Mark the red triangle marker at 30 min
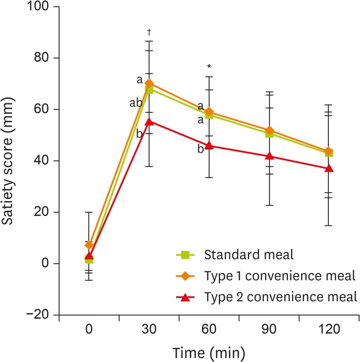[x=149, y=121]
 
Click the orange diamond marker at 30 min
[x=149, y=83]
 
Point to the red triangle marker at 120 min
[x=329, y=168]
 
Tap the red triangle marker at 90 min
[x=269, y=156]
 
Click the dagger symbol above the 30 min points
[x=149, y=32]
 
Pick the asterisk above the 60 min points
[x=209, y=67]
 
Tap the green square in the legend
[x=185, y=254]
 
